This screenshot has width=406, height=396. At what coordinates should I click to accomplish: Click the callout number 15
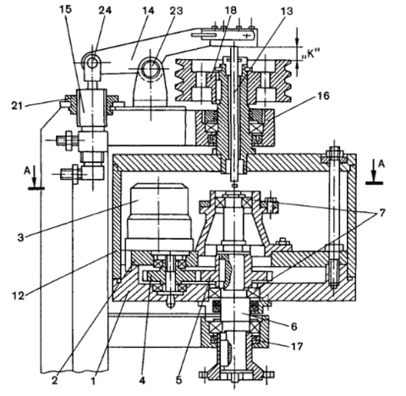[x=66, y=9]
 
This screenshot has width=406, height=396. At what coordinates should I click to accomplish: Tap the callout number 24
[x=105, y=10]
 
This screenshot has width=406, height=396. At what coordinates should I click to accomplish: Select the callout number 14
[x=148, y=10]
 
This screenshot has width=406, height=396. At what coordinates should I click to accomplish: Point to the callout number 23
[x=176, y=11]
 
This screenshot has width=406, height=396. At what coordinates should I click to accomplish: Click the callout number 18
[x=230, y=10]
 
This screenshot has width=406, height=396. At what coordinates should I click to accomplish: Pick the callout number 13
[x=287, y=11]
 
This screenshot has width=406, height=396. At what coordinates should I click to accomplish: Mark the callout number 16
[x=323, y=95]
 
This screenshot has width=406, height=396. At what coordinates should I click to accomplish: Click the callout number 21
[x=18, y=106]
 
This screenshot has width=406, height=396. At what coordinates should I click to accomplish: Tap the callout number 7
[x=381, y=213]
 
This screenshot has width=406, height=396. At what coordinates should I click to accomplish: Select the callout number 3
[x=20, y=237]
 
